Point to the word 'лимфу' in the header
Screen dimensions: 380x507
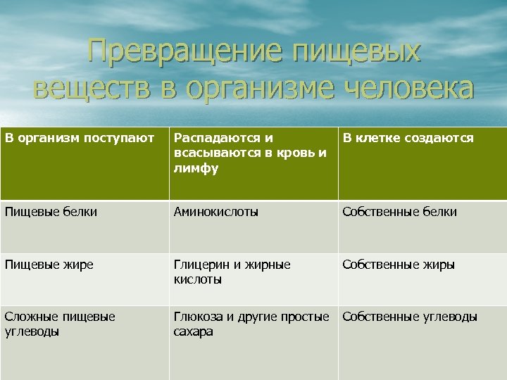point(196,169)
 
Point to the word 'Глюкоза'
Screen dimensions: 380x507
point(198,317)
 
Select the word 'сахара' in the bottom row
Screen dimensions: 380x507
point(193,331)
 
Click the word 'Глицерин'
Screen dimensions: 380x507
point(201,265)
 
